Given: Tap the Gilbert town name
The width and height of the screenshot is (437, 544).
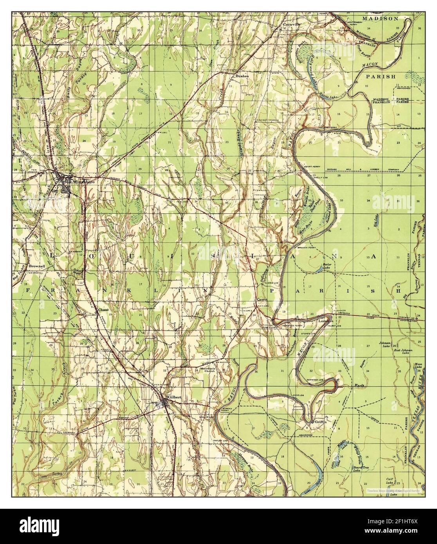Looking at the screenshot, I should click(174, 397).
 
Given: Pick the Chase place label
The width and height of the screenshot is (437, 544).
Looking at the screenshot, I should click(103, 310).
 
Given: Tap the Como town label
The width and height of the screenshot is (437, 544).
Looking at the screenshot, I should click(261, 299).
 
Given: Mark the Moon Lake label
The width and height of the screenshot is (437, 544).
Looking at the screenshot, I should click(418, 366).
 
